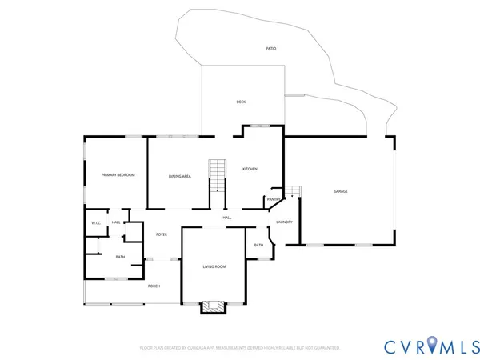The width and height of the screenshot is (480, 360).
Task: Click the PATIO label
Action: pos(271,49)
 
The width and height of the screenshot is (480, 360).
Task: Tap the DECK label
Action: pos(241,102)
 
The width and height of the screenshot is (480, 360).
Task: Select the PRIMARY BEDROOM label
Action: pos(118,174)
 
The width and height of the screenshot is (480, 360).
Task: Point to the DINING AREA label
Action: pos(179,176)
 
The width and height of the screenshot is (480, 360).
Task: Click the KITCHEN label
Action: pos(250,169)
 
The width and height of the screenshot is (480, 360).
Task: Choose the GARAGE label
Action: pos(341,191)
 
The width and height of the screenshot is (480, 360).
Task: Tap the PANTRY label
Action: pos(273,199)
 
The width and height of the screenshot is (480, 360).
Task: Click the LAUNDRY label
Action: pos(284,222)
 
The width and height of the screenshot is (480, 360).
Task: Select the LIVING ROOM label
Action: pos(214,266)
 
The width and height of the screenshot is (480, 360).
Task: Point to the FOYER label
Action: pos(162,234)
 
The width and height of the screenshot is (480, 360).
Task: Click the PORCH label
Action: pos(154,286)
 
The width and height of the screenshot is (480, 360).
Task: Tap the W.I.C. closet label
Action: pos(95,222)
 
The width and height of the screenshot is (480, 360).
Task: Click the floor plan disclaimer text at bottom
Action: pos(240,348)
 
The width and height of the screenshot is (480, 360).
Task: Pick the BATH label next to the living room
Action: pos(258,245)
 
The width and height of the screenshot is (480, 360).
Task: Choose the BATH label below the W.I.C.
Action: pos(120,257)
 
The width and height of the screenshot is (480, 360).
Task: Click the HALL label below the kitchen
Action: pos(227,218)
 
